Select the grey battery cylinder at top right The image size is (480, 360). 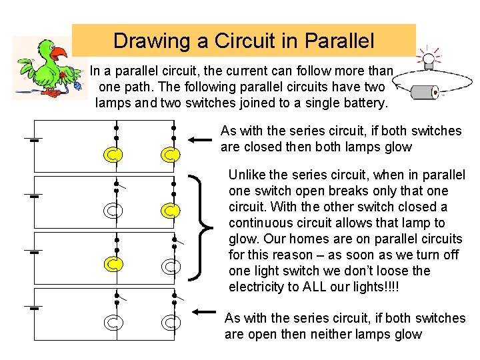425,91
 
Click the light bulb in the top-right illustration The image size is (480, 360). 427,59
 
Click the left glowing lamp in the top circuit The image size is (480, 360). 115,155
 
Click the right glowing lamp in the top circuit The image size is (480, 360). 171,155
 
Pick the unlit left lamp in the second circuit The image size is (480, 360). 115,211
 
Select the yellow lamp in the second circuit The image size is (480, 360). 171,211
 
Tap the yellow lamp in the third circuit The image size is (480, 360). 115,266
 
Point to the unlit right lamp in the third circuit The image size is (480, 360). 171,267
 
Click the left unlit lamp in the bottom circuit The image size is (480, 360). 115,323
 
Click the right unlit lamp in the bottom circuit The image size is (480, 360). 171,323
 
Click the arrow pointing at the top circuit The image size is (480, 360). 201,139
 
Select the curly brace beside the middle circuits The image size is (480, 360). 203,227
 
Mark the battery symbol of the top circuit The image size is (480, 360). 32,141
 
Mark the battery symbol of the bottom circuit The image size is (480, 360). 32,309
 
